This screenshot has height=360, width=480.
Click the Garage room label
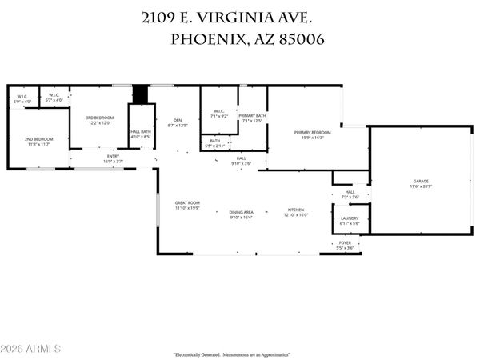(410, 182)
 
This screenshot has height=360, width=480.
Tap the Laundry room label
(350, 218)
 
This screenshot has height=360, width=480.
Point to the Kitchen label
(297, 211)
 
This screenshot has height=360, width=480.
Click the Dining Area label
(242, 211)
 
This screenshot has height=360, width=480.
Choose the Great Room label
(187, 203)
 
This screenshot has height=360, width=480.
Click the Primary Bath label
(251, 117)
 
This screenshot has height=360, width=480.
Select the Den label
(176, 122)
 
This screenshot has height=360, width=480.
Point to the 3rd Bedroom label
(101, 118)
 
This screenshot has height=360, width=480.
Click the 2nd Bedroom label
(38, 140)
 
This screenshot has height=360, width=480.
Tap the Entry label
(113, 156)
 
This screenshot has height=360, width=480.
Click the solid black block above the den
(141, 94)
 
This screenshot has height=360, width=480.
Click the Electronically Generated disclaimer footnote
(232, 354)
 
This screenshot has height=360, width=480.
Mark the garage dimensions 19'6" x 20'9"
(410, 186)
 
